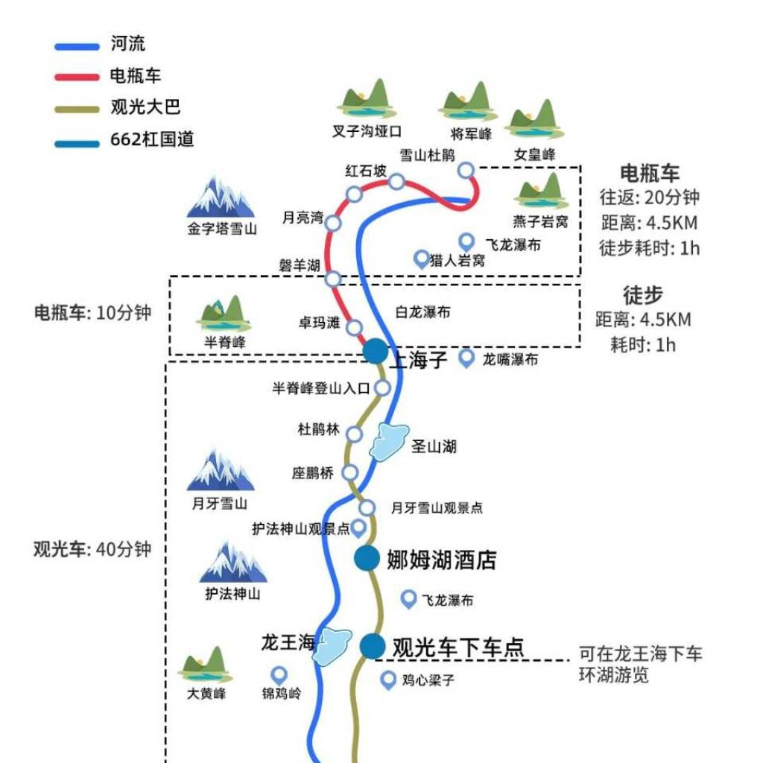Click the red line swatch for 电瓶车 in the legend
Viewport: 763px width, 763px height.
77,77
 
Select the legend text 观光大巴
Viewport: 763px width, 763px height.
145,107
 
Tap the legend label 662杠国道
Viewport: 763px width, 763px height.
152,139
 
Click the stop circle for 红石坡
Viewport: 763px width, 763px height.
397,181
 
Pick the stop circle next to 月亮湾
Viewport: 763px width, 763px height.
333,223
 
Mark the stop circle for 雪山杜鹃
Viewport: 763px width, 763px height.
466,171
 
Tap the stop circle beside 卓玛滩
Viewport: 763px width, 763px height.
355,328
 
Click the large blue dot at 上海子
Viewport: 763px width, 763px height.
376,351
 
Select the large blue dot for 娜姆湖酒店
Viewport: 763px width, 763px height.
367,558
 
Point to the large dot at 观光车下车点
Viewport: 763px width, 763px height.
373,646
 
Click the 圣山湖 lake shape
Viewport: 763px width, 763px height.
388,441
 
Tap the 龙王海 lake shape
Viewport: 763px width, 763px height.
332,646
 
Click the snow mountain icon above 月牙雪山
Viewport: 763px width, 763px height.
220,471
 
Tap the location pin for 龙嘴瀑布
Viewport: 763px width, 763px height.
466,358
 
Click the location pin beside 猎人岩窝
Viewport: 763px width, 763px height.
422,259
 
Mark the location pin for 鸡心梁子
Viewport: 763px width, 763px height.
388,680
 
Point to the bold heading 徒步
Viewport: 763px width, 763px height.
642,295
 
